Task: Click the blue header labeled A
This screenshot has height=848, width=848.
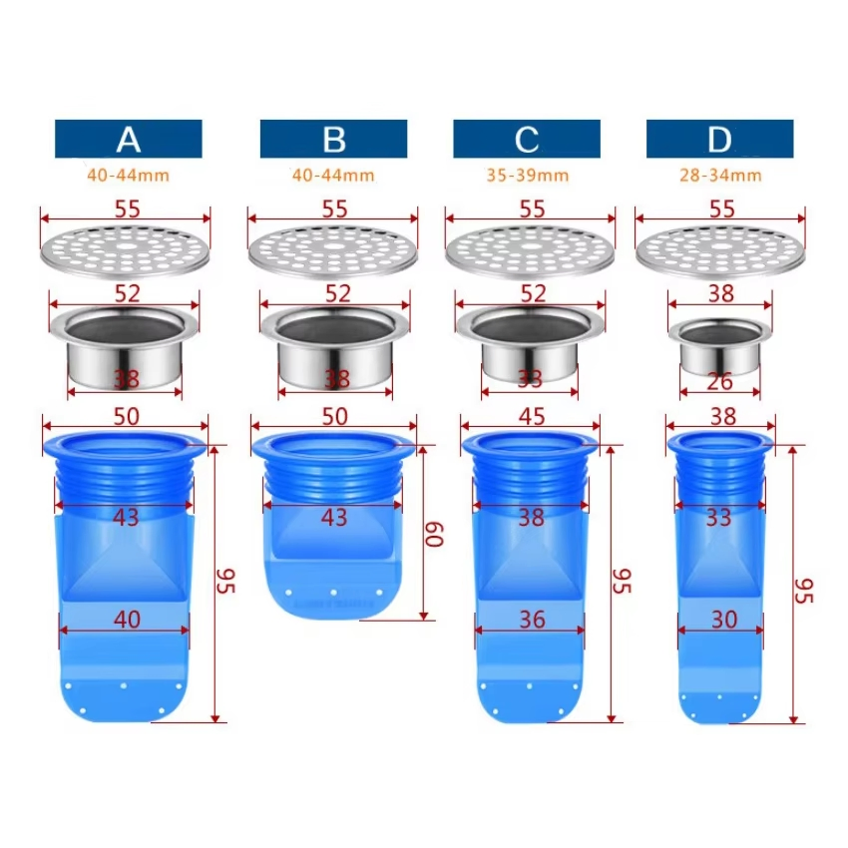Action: click(128, 139)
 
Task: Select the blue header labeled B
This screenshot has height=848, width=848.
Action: click(333, 139)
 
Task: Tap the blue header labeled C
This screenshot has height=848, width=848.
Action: click(527, 139)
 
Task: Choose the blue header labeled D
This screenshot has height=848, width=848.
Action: click(720, 139)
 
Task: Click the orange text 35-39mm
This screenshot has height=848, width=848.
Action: click(528, 176)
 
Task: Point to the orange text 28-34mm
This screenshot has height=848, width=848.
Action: click(720, 176)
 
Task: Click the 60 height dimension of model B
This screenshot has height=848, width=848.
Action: click(434, 535)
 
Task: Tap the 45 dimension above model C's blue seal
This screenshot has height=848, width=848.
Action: click(532, 416)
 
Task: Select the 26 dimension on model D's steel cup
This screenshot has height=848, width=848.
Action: click(720, 382)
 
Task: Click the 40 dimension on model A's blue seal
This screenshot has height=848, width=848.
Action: click(127, 620)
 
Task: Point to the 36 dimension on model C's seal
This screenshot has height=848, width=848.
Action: click(532, 620)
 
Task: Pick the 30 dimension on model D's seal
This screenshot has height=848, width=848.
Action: click(724, 620)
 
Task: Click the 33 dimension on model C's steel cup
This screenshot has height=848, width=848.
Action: click(530, 379)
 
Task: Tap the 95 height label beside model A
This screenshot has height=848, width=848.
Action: click(225, 581)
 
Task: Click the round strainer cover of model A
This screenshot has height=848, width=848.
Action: click(125, 252)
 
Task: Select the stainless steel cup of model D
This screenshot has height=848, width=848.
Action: click(720, 347)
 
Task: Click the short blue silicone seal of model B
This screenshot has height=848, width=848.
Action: click(333, 525)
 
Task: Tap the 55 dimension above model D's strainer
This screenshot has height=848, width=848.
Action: click(722, 209)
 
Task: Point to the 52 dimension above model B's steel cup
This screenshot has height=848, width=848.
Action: click(338, 293)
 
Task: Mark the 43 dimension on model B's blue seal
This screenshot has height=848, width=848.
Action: click(333, 518)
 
